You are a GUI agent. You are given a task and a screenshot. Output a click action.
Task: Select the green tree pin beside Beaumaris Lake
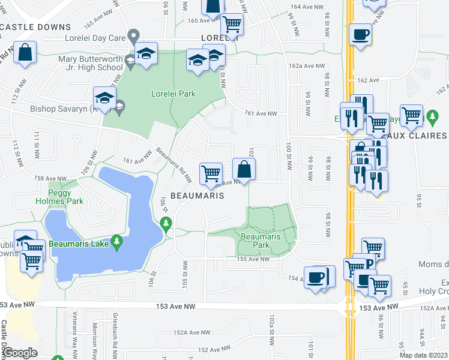pos(118,242)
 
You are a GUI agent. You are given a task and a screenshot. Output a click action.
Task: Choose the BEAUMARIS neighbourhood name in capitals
pos(197,196)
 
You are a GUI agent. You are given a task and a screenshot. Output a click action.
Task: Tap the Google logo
pos(22,353)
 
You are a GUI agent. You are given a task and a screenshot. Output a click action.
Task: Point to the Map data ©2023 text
pos(424,355)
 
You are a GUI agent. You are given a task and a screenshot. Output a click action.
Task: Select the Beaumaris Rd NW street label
pos(174,164)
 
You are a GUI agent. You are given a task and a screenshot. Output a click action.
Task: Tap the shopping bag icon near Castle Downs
pos(25,53)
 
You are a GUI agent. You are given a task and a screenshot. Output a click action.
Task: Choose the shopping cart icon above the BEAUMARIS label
pos(211,173)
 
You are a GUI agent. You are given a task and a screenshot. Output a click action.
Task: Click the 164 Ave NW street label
pos(304,7)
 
